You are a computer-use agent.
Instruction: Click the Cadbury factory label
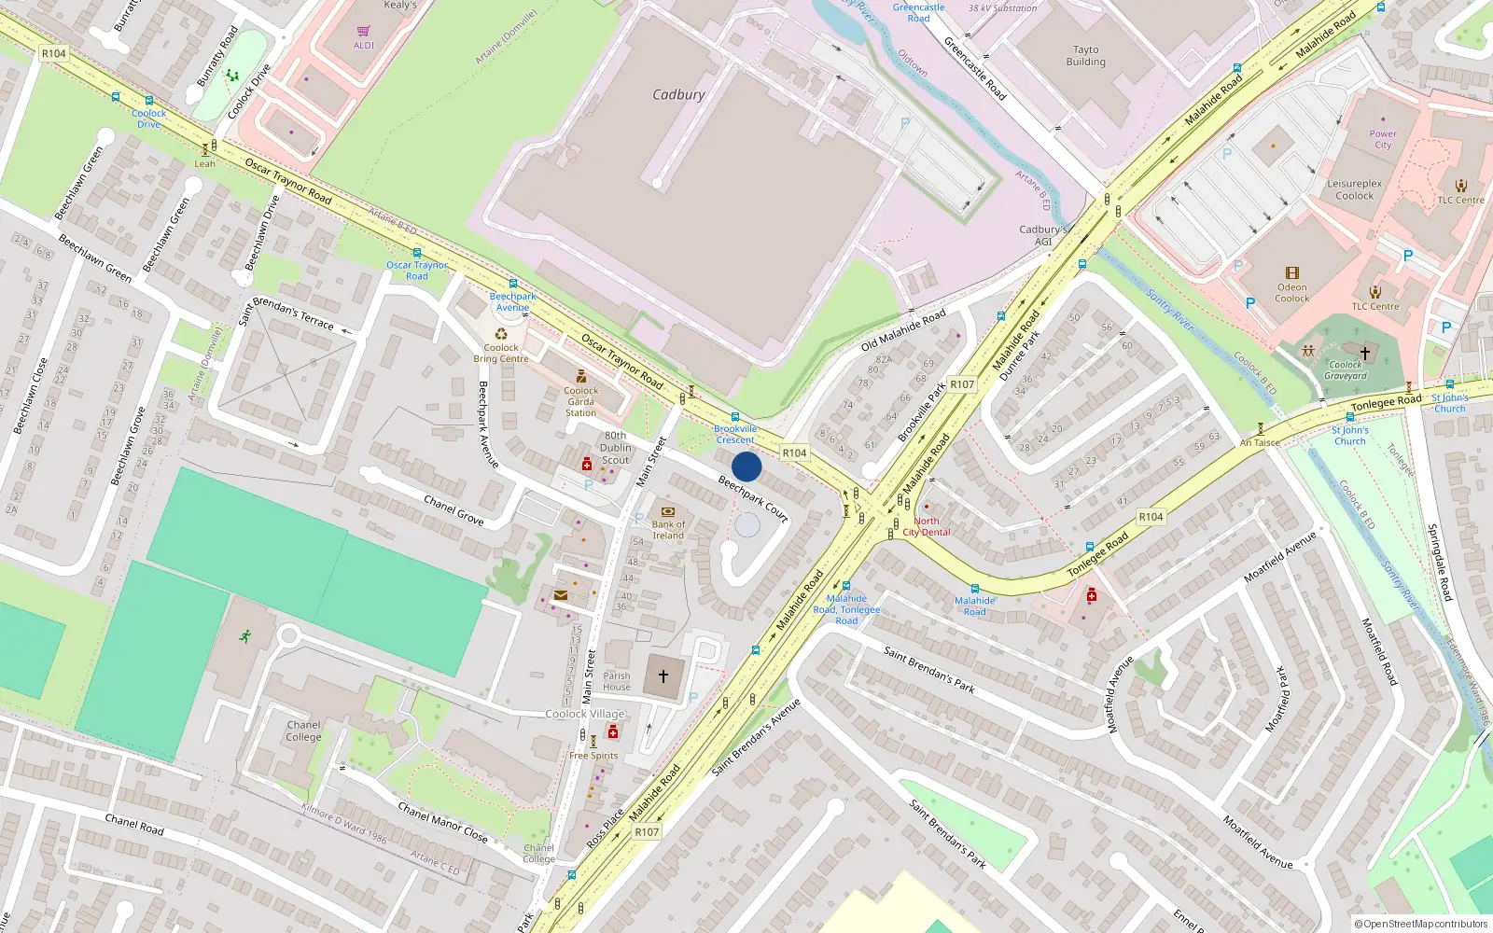tap(678, 94)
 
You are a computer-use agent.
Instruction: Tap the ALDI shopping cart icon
tap(363, 31)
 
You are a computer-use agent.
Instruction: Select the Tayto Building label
tap(1085, 56)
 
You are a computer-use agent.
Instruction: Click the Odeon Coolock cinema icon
tap(1291, 273)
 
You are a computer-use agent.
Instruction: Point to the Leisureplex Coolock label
tap(1354, 189)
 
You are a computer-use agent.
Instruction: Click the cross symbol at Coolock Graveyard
tap(1364, 353)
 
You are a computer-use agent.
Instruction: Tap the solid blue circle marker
tap(746, 466)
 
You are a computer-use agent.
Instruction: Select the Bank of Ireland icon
tap(667, 511)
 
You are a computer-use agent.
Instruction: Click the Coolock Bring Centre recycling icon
tap(501, 334)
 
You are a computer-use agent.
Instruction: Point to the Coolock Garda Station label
tap(580, 402)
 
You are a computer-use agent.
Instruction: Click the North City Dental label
tap(926, 526)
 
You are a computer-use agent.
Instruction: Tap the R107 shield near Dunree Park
tap(962, 384)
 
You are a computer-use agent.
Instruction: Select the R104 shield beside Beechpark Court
tap(794, 453)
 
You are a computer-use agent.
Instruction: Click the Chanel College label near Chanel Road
tap(303, 731)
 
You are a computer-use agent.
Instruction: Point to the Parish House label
tap(616, 681)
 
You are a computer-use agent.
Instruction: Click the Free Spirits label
tap(593, 756)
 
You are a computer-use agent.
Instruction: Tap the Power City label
tap(1383, 139)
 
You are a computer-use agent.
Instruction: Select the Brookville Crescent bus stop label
tap(735, 434)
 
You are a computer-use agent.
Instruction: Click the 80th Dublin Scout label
tap(615, 448)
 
